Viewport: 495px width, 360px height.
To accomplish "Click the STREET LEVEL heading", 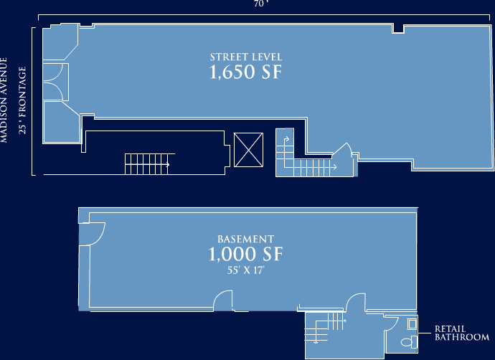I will pyautogui.click(x=246, y=57).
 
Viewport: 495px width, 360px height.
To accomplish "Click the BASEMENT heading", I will pyautogui.click(x=245, y=239).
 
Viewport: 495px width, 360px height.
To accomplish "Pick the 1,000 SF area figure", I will pyautogui.click(x=245, y=255).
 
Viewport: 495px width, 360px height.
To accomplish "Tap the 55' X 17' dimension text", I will pyautogui.click(x=245, y=271).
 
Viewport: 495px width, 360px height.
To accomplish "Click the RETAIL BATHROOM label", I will pyautogui.click(x=461, y=333).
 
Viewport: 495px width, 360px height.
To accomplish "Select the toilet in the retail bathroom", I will pyautogui.click(x=408, y=343).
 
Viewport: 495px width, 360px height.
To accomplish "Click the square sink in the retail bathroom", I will pyautogui.click(x=411, y=323).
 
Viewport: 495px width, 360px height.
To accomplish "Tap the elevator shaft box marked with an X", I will pyautogui.click(x=249, y=150).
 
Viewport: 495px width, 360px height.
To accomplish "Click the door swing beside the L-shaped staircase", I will pyautogui.click(x=343, y=152).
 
